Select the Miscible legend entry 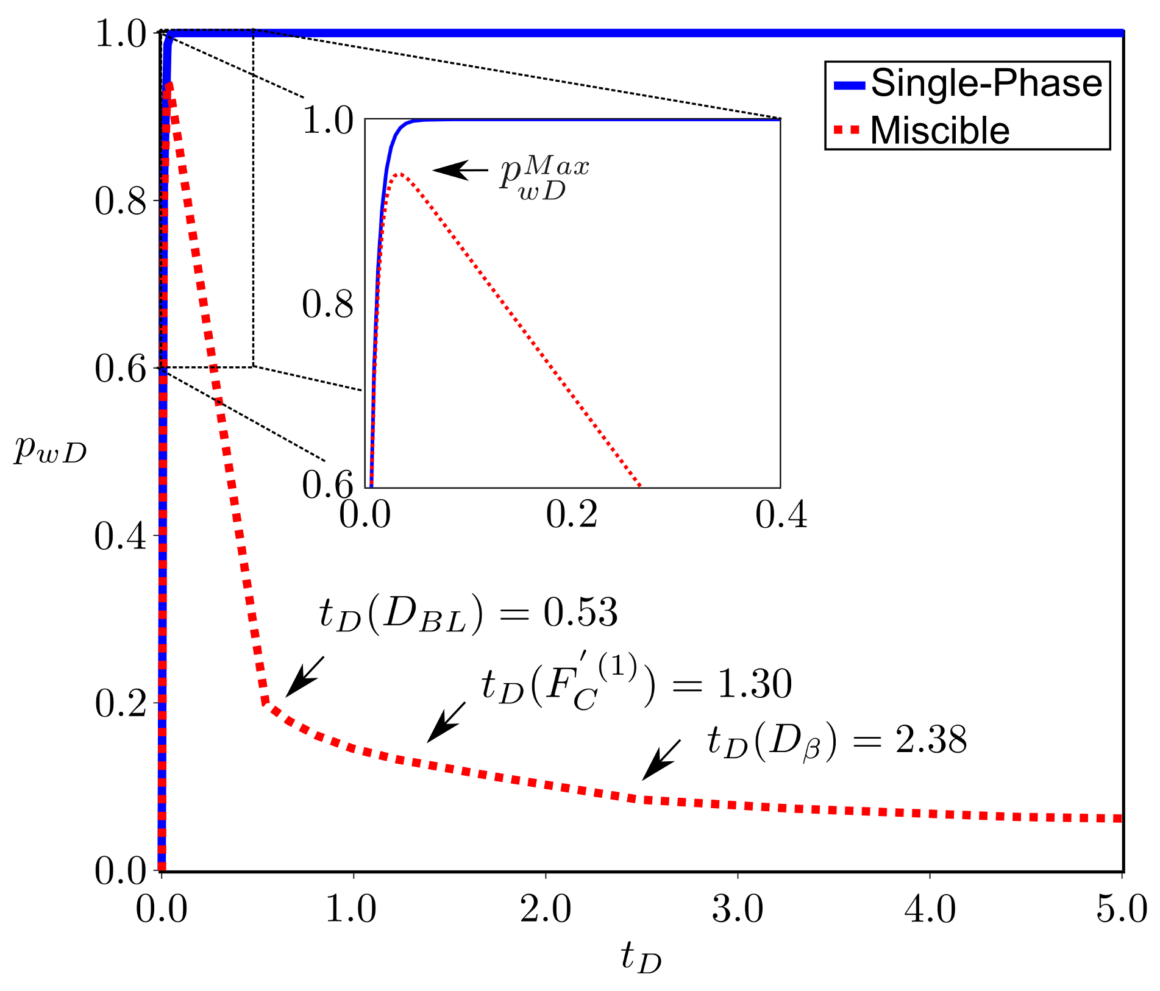(939, 130)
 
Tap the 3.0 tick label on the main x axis (738, 910)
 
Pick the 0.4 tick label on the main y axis (120, 536)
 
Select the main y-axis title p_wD (50, 450)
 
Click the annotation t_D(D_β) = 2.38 (836, 741)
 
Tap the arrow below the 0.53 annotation (304, 677)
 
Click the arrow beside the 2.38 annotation (661, 760)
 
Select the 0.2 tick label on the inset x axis (571, 514)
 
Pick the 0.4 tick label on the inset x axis (781, 514)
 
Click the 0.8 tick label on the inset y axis (328, 304)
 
